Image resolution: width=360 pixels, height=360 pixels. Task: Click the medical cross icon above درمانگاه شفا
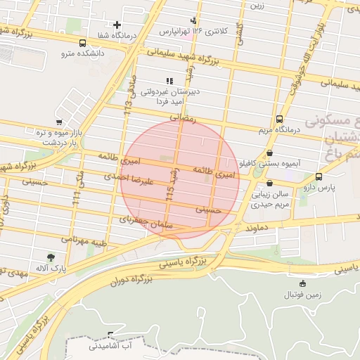coord(117,25)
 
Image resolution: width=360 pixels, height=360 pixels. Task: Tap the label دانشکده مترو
coord(82,53)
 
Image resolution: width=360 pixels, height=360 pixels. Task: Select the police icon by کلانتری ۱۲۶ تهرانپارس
coord(193,20)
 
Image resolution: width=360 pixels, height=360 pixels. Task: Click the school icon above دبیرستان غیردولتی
coord(169,81)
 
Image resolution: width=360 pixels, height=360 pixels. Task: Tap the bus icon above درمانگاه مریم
coord(280,119)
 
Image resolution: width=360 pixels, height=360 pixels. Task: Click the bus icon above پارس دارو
coord(319,177)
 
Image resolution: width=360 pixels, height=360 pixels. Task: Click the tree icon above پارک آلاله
coord(50,257)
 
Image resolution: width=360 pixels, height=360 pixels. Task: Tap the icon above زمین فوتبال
coord(302,283)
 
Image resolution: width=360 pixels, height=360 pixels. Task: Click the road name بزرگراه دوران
coord(130,280)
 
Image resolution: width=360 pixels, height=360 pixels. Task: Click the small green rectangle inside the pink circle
coord(166,158)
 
